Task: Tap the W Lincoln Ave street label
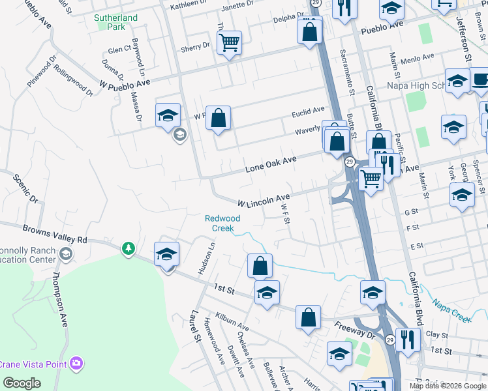coord(264,199)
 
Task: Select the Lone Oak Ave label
coord(271,164)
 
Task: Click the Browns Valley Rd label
coord(55,234)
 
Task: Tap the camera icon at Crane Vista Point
coord(78,362)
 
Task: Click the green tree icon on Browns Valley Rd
coord(129,248)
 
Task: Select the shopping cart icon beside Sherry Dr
coord(229,43)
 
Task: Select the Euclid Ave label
coord(309,110)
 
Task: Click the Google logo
coord(22,383)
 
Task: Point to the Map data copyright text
coord(447,386)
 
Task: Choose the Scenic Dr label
coord(23,189)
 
